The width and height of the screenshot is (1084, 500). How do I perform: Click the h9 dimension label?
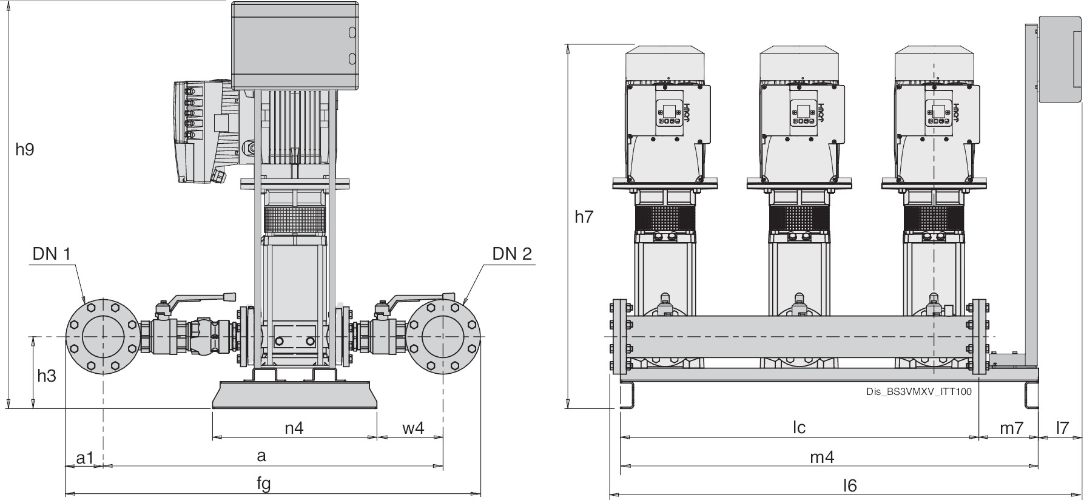pos(24,149)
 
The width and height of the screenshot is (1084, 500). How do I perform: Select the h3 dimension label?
pos(46,376)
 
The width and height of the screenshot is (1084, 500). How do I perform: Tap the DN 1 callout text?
pos(52,254)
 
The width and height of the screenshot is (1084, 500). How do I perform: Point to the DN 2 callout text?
pos(512,254)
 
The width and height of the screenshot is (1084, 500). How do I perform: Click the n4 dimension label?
pos(294,428)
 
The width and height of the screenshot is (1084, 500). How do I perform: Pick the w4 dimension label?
pos(413,428)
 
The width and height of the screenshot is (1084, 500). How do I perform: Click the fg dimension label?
pos(263,484)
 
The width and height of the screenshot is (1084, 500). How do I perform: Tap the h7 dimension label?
pos(584,217)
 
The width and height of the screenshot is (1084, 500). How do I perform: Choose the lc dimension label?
pos(799,428)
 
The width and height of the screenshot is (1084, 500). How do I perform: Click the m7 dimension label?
pos(1011,428)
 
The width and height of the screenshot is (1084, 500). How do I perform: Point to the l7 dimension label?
pos(1062,428)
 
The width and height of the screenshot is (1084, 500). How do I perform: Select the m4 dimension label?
pos(822,457)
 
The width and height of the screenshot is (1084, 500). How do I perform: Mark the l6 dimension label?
pos(850,485)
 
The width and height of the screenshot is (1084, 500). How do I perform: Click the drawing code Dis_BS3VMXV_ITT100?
pos(918,392)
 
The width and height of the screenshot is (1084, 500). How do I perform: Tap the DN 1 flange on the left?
pos(103,336)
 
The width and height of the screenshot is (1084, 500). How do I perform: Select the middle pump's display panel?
pos(800,113)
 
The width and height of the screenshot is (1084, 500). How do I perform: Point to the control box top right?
pos(1059,59)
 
